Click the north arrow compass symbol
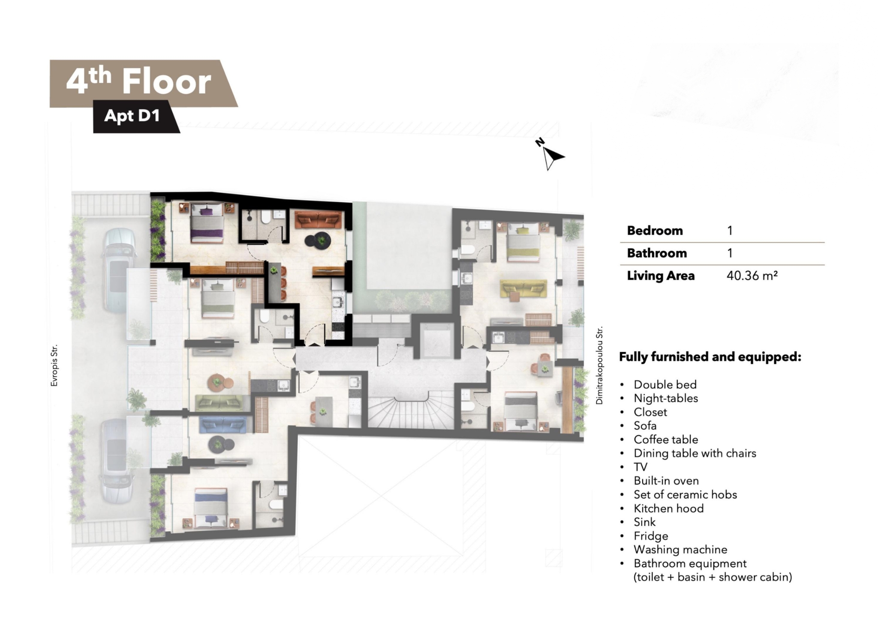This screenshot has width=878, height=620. (x=550, y=155)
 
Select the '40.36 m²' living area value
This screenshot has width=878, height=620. (x=752, y=276)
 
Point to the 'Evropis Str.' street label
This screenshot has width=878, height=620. (x=54, y=365)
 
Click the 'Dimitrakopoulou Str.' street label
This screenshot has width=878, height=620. (x=599, y=365)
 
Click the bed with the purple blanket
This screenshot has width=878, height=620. (x=207, y=222)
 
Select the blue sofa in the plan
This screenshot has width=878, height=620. (x=223, y=425)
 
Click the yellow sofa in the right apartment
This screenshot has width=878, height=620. (x=523, y=289)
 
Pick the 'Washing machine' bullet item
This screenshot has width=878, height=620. (x=680, y=550)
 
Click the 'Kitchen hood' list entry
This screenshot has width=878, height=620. (x=668, y=509)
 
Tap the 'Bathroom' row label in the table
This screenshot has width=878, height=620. (x=657, y=253)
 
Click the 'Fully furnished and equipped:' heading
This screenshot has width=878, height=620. (x=710, y=357)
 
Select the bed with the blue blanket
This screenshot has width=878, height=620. (x=210, y=508)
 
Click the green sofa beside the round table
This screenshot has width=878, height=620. (x=219, y=403)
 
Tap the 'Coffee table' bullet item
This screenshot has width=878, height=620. (x=666, y=440)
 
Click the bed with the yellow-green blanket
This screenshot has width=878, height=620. (x=523, y=242)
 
